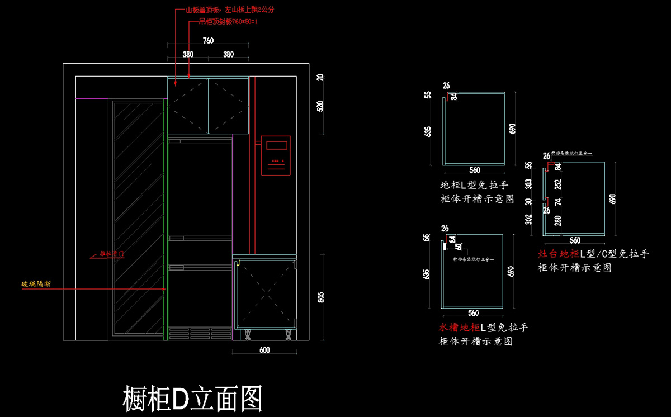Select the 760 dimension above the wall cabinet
(208, 41)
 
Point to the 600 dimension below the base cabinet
(264, 350)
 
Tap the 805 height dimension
(320, 297)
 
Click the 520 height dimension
(320, 106)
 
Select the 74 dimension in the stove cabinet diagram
(557, 202)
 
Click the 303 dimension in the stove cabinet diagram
(528, 184)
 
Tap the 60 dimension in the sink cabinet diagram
(459, 247)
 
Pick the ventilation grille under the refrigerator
(200, 333)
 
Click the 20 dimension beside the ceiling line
(320, 78)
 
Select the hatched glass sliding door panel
(137, 218)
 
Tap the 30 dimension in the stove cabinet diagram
(528, 202)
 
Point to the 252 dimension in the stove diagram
(557, 184)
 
